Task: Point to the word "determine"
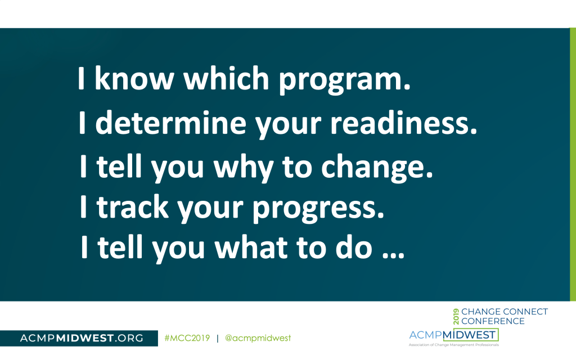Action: (171, 123)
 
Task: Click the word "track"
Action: (132, 207)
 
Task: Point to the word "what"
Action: (251, 247)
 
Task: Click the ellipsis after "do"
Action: (393, 255)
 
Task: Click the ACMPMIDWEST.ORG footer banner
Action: (79, 338)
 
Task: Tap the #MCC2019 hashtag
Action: (187, 338)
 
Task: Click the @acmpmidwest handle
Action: (258, 338)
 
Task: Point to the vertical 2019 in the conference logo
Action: (456, 316)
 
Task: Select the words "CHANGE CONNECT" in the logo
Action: (505, 312)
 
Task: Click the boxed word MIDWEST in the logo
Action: (470, 335)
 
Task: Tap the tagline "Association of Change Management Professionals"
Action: (454, 345)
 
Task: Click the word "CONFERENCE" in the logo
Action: (493, 321)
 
